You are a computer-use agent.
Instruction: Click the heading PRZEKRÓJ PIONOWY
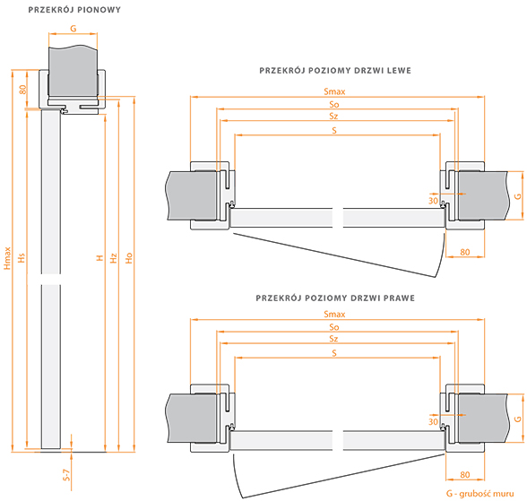[x=74, y=10]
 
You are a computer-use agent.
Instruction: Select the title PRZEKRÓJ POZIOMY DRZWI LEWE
[x=335, y=71]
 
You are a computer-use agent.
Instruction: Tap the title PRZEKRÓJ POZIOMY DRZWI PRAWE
[x=335, y=298]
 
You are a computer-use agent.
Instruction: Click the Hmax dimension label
[x=7, y=258]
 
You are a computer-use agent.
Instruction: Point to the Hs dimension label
[x=22, y=258]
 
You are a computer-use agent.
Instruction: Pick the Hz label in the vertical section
[x=114, y=258]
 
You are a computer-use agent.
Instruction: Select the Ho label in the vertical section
[x=129, y=258]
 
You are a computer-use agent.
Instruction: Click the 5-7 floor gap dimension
[x=67, y=475]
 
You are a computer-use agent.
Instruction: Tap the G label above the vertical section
[x=73, y=29]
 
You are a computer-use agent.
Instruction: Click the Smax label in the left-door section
[x=334, y=91]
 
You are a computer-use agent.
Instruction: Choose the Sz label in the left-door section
[x=333, y=117]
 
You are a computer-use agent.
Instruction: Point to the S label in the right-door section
[x=334, y=353]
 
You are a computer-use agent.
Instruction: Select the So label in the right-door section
[x=334, y=327]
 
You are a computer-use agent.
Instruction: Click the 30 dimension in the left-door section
[x=433, y=201]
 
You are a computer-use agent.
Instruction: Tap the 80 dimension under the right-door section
[x=465, y=475]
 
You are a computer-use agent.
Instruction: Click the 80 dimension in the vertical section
[x=22, y=90]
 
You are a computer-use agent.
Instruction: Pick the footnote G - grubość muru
[x=480, y=494]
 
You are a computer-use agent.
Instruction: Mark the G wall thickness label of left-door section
[x=518, y=196]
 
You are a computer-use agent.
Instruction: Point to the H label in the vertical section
[x=99, y=258]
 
